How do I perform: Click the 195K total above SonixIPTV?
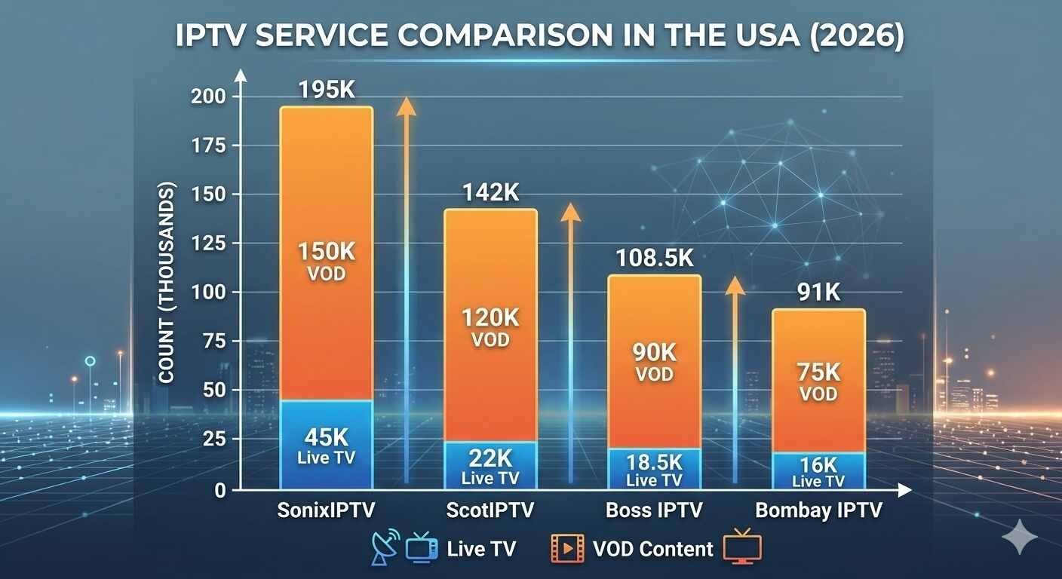pos(327,91)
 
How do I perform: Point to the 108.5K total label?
pos(654,259)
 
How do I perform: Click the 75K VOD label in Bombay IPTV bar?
pos(818,381)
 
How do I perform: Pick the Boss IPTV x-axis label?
pos(654,510)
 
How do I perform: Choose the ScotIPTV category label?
pos(490,510)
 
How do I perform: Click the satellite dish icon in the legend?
pos(385,548)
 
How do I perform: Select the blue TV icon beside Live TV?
pos(421,548)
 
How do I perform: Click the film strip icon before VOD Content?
pos(567,549)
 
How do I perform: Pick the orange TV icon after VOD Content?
pos(742,547)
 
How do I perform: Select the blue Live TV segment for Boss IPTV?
pos(654,468)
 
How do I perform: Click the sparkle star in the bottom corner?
pos(1020,537)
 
